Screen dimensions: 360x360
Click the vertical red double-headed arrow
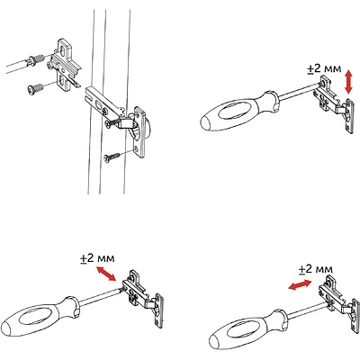348,81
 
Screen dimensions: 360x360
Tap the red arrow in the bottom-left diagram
106,274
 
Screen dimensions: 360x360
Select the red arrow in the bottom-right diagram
300,284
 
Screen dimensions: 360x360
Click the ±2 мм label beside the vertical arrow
324,68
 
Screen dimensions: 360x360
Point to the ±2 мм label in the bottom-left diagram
97,258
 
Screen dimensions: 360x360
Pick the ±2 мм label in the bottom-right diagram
316,269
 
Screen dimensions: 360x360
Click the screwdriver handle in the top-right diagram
240,112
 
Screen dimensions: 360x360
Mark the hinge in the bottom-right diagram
339,306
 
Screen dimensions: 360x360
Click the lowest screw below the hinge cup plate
112,157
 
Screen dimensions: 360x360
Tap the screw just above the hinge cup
113,123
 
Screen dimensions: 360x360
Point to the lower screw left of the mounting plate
35,88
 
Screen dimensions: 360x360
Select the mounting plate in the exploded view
65,65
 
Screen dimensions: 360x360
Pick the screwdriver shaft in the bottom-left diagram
101,297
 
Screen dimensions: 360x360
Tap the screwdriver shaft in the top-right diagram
300,91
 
